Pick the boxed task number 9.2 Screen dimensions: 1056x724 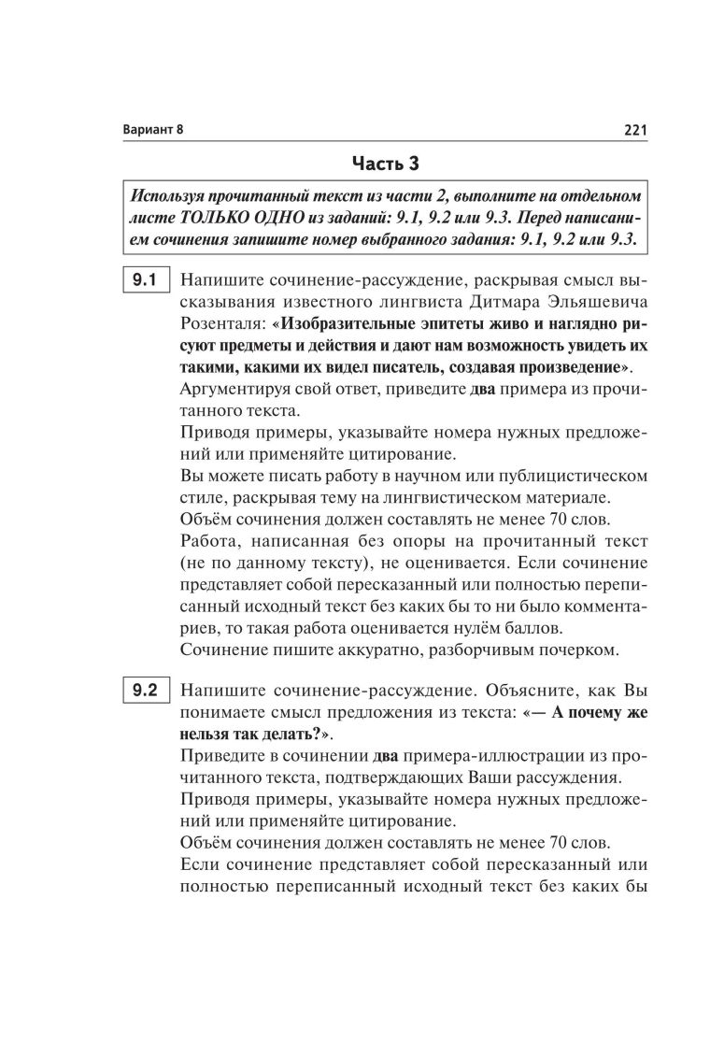point(144,692)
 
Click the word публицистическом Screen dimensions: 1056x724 point(573,476)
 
